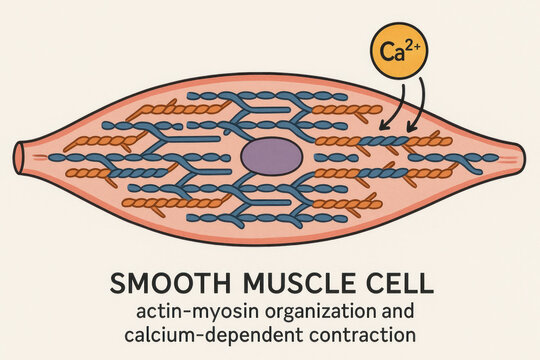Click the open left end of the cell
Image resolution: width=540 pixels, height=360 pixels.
pos(20,157)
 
